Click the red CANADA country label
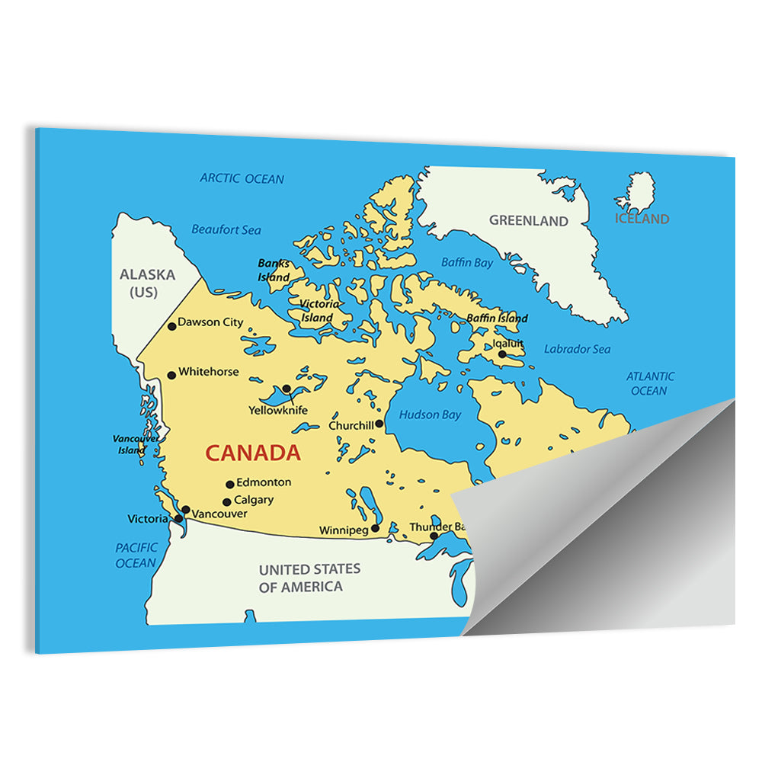click(253, 453)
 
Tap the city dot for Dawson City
click(172, 326)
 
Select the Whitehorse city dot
click(171, 375)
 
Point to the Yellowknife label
click(278, 410)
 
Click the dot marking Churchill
click(379, 424)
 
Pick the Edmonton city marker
click(229, 484)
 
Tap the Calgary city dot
click(226, 502)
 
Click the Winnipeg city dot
click(375, 528)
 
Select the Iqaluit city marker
click(502, 354)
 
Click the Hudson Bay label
click(430, 415)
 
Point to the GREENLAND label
click(529, 221)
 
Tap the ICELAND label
click(642, 219)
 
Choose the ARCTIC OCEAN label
click(242, 179)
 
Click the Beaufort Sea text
click(226, 229)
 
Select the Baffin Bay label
click(467, 263)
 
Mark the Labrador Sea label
click(577, 349)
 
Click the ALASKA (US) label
click(147, 283)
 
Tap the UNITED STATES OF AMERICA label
click(309, 578)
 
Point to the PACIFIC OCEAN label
click(136, 555)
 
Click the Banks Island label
click(274, 271)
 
